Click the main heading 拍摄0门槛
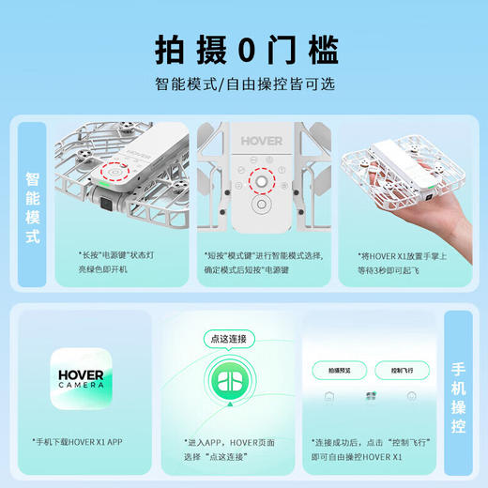(243, 48)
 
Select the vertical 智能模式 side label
(32, 207)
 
